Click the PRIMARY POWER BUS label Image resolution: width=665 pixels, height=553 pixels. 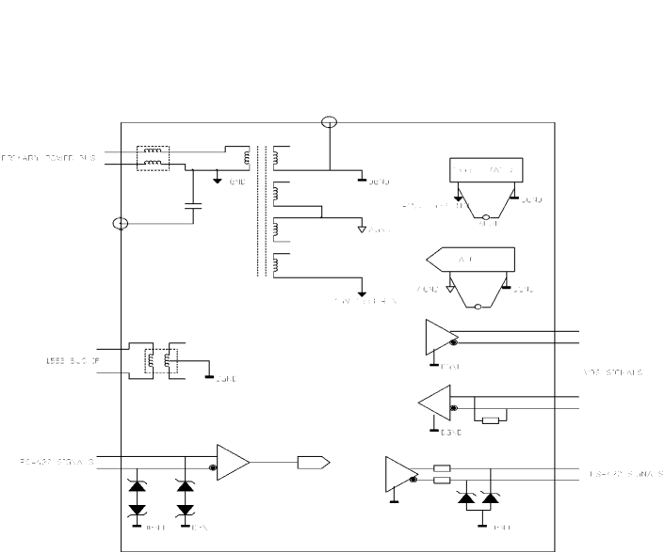click(x=47, y=157)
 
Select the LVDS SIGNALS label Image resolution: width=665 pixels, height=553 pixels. click(x=613, y=372)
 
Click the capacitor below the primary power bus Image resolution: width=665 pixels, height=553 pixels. click(x=193, y=203)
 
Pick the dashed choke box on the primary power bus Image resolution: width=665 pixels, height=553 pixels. click(x=153, y=157)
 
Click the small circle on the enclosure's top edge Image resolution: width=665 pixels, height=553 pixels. click(x=329, y=122)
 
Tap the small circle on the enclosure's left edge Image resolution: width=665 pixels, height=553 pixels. click(x=120, y=224)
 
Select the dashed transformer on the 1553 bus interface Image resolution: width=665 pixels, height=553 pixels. click(x=155, y=359)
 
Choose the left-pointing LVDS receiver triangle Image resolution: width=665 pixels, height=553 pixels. click(x=435, y=403)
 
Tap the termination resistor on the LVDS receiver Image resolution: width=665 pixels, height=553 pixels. click(x=491, y=419)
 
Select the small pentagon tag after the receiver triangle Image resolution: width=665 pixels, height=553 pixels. click(x=313, y=462)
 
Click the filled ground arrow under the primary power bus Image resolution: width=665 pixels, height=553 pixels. click(x=218, y=179)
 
